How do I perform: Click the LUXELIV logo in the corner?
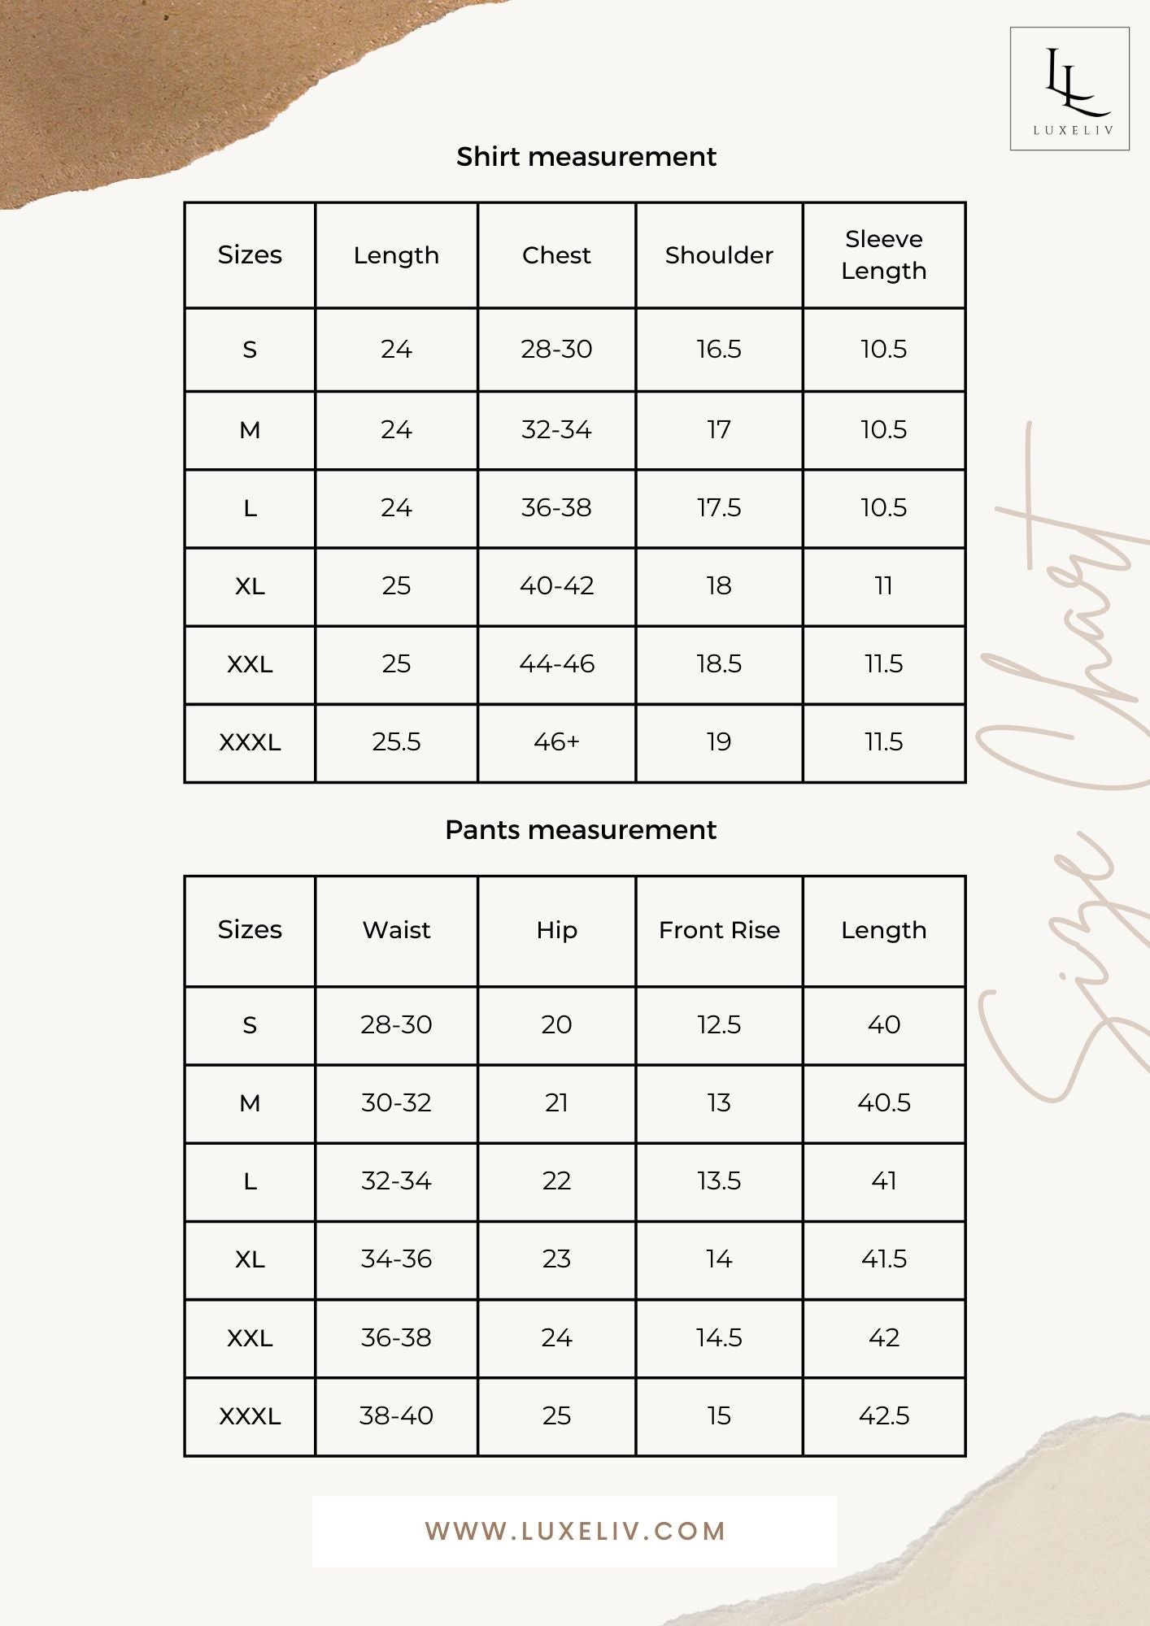pos(1069,89)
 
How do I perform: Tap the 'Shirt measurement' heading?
pos(586,157)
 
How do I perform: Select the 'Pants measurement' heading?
pos(581,830)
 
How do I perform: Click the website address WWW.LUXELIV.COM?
pos(575,1532)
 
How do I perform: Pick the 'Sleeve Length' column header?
pos(883,254)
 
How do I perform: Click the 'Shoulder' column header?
pos(719,255)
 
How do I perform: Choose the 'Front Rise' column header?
pos(719,930)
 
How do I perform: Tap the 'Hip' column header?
pos(556,930)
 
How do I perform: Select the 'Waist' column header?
pos(396,930)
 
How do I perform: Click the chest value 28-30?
pos(556,350)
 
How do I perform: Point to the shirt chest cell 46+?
pos(556,742)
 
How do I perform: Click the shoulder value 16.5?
pos(719,350)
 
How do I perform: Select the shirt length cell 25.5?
pos(396,742)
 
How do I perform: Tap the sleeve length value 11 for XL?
pos(883,586)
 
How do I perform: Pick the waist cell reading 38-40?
pos(396,1416)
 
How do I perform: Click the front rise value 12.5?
pos(719,1025)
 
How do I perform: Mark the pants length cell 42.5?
pos(883,1416)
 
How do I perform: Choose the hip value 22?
pos(556,1181)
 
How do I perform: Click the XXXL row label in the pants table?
pos(250,1416)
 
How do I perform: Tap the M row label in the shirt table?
pos(250,430)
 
